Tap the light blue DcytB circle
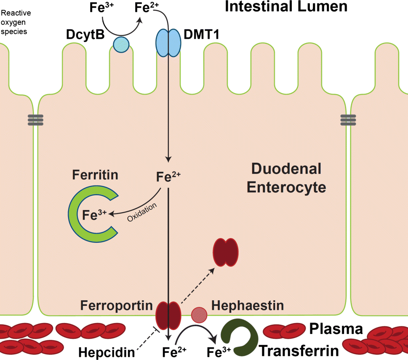point(120,44)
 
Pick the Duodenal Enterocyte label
point(286,178)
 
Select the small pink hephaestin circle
point(199,314)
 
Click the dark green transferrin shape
point(237,337)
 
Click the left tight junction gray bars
point(35,120)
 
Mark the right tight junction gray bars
point(348,120)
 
